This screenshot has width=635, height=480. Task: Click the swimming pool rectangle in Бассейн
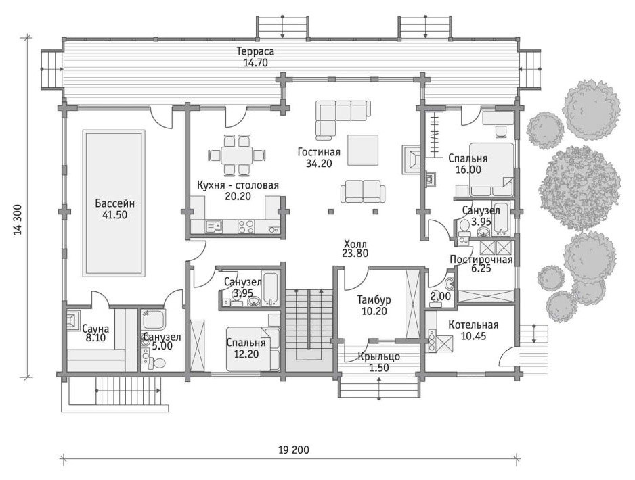pyautogui.click(x=114, y=203)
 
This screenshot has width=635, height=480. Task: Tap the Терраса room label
pyautogui.click(x=255, y=51)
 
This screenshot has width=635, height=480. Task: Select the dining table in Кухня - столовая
pyautogui.click(x=236, y=155)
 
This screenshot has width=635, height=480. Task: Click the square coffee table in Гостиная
pyautogui.click(x=363, y=150)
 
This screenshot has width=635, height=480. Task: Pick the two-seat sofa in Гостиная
pyautogui.click(x=362, y=191)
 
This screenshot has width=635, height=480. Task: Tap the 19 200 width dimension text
pyautogui.click(x=294, y=450)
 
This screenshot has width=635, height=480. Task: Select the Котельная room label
pyautogui.click(x=473, y=325)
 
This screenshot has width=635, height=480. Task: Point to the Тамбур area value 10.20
pyautogui.click(x=374, y=311)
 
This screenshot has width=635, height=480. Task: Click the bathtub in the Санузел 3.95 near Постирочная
pyautogui.click(x=501, y=218)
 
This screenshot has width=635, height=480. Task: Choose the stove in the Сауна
pyautogui.click(x=74, y=321)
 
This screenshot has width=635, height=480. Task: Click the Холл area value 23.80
pyautogui.click(x=355, y=254)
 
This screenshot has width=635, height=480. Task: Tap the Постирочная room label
pyautogui.click(x=481, y=260)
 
